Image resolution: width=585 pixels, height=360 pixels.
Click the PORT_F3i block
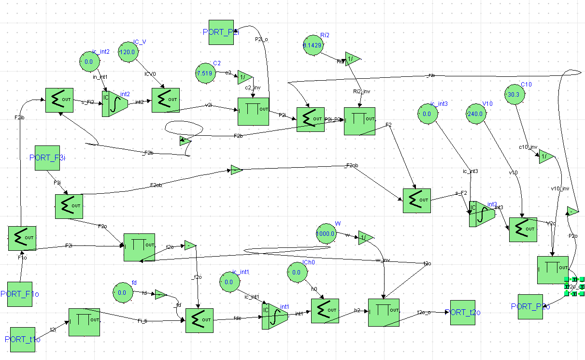click(x=47, y=158)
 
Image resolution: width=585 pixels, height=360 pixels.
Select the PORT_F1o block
click(x=20, y=294)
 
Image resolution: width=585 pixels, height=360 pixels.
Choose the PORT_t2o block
click(x=463, y=313)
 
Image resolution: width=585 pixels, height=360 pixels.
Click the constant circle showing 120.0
click(x=129, y=52)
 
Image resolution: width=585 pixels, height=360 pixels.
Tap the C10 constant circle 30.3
click(x=514, y=95)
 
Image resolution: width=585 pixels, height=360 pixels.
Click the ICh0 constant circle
click(x=296, y=272)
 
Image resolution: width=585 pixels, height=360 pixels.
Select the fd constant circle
click(x=122, y=292)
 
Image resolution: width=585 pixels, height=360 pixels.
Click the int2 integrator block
click(x=114, y=103)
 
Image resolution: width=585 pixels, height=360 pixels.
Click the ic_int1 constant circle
click(x=229, y=282)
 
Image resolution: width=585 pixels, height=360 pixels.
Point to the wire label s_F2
click(x=461, y=193)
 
